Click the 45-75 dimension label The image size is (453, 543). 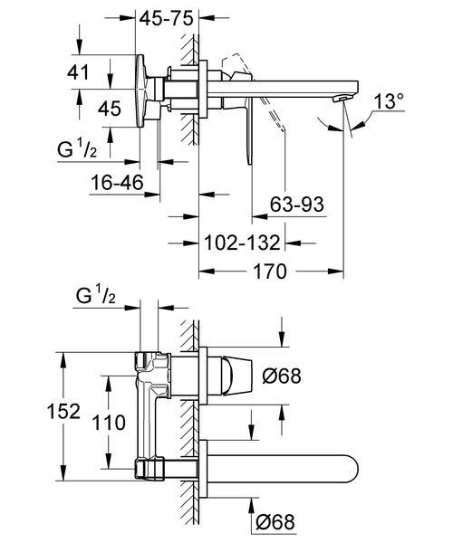[166, 18]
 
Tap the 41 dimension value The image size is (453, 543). [78, 72]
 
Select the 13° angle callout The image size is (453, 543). [389, 101]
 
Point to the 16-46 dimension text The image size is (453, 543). [117, 183]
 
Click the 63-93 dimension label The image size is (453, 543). [296, 204]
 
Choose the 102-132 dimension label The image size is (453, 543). [242, 243]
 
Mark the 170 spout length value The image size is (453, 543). [270, 271]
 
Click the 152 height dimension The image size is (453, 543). [63, 411]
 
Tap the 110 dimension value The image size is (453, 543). [109, 423]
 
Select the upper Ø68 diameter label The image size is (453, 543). [282, 376]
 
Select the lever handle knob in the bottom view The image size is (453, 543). [237, 376]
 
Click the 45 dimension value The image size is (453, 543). [110, 109]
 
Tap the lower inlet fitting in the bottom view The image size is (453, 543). [149, 468]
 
